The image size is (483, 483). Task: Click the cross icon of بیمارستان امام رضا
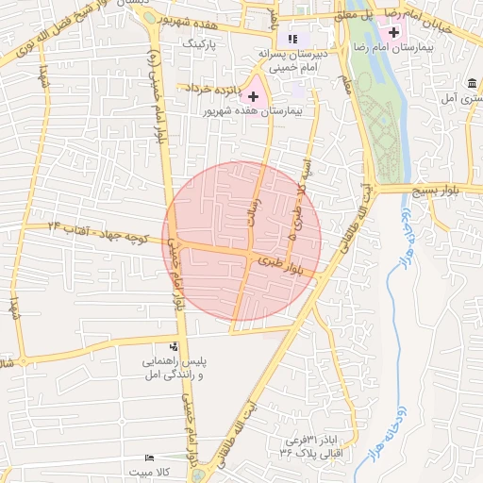tap(393, 33)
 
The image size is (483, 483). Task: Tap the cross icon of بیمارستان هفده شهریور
tap(253, 96)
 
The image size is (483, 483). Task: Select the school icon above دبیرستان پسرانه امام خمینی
tap(292, 39)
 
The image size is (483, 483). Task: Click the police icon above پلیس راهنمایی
tap(174, 346)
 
